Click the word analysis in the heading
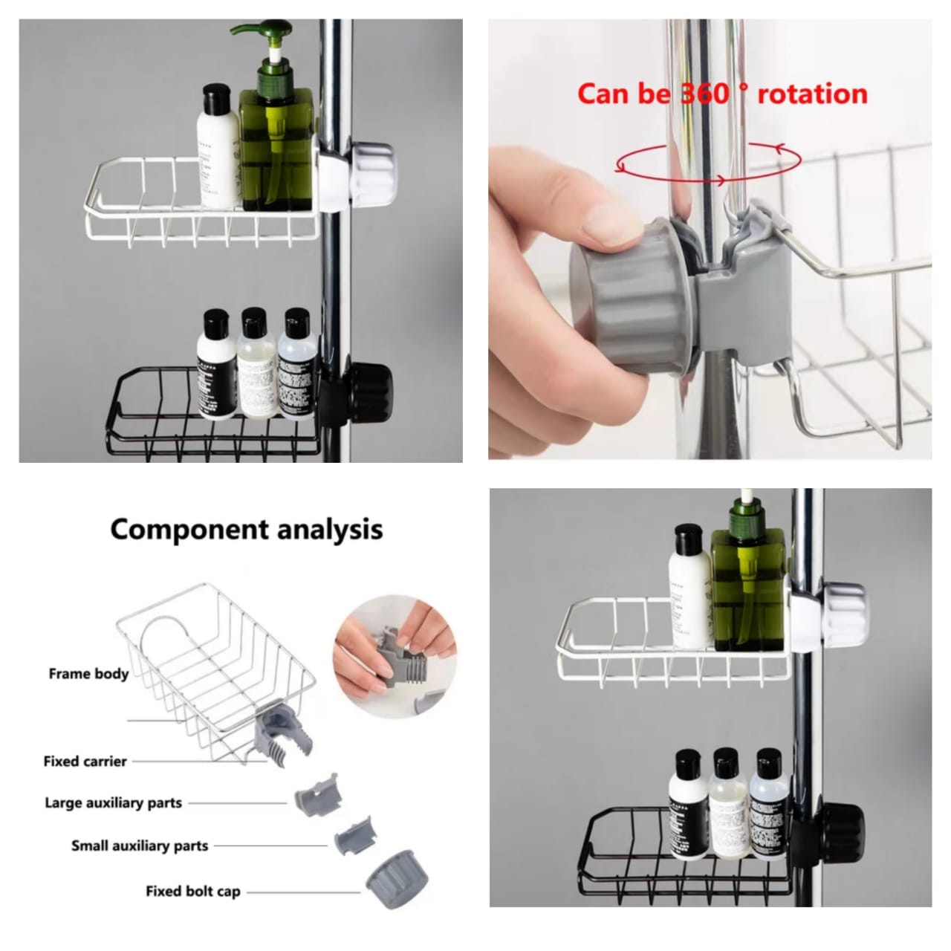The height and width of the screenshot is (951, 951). coord(329,530)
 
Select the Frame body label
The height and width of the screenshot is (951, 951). coord(88,674)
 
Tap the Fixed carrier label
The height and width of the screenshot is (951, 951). coord(85,762)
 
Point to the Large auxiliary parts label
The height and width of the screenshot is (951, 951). coord(113,803)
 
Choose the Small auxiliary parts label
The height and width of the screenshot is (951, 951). coord(140,846)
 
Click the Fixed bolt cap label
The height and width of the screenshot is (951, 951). coord(192,892)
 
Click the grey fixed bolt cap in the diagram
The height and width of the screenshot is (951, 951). coord(397,883)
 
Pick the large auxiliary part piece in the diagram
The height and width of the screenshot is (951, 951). coord(316,794)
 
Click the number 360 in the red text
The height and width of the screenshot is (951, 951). coord(704,94)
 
